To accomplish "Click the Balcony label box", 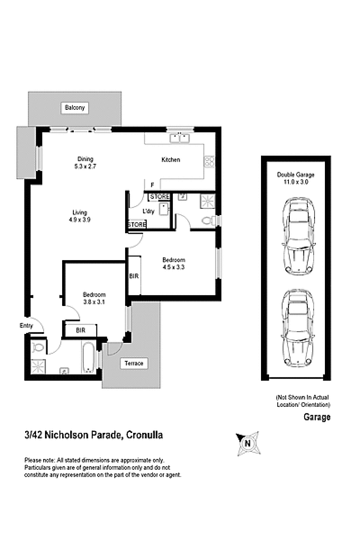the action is (75, 108).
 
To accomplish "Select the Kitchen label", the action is (171, 160).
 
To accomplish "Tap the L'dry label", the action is (148, 211).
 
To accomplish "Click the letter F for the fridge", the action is (152, 185).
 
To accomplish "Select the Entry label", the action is (26, 326).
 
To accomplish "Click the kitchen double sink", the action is (180, 138).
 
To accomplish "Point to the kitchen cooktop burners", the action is (209, 162).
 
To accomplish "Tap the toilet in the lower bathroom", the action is (38, 347).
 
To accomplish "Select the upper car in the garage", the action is (298, 236).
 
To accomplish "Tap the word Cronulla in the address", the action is (145, 435).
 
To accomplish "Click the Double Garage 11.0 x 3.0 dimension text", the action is (296, 178).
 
